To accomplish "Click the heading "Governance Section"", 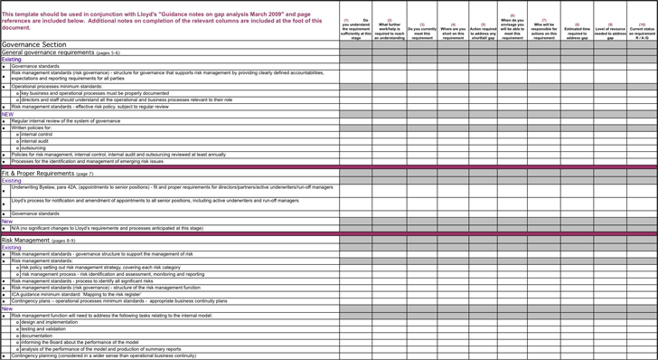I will (x=33, y=44).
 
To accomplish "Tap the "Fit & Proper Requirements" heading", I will (x=38, y=173).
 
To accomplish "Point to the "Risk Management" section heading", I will (x=25, y=241).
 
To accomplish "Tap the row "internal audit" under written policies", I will (x=35, y=141).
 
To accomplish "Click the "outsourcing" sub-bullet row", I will (x=33, y=147).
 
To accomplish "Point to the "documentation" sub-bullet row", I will (x=37, y=336).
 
